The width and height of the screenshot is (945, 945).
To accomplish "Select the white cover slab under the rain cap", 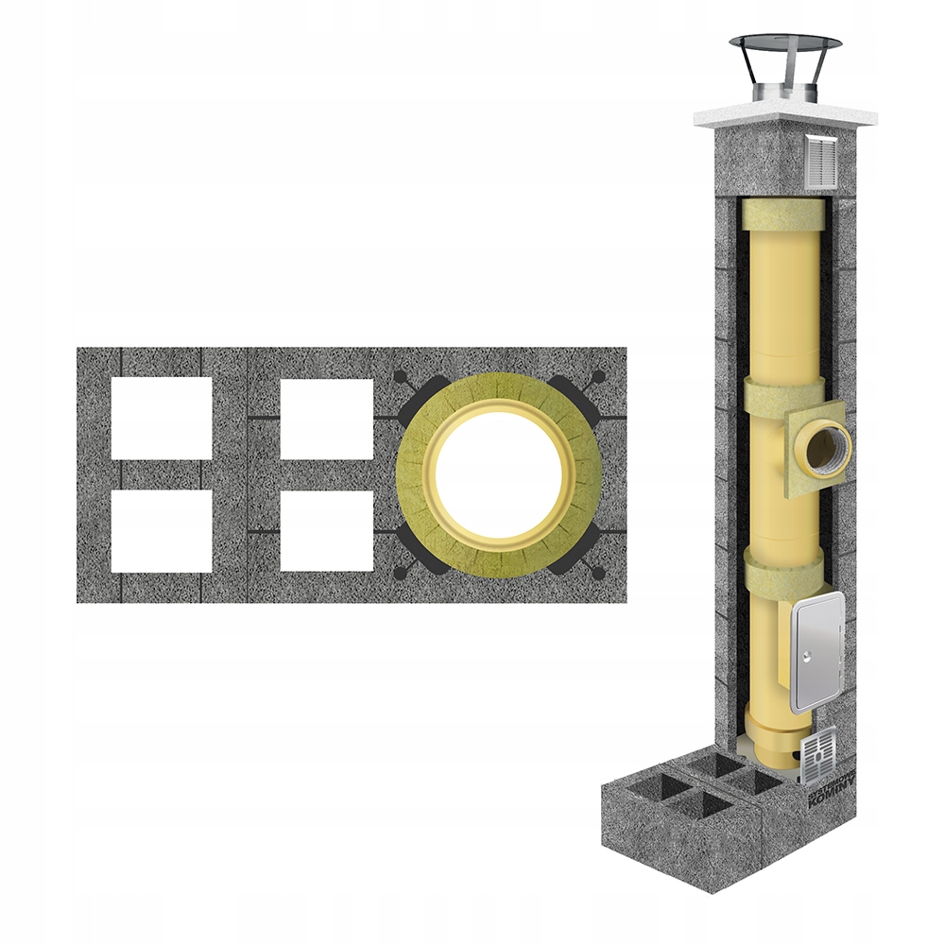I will point(784,116).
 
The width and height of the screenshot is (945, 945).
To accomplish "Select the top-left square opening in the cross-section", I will point(161,418).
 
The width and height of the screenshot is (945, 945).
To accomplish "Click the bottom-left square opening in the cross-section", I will point(161,530).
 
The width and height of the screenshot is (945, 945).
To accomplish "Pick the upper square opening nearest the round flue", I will point(327,418).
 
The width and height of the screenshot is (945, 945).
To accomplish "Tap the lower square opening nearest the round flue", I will point(327,530).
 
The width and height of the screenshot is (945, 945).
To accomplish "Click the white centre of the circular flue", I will point(498,474).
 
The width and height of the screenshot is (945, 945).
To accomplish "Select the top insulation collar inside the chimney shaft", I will point(782,215).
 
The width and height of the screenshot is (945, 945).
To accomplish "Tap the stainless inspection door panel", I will point(816,653).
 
